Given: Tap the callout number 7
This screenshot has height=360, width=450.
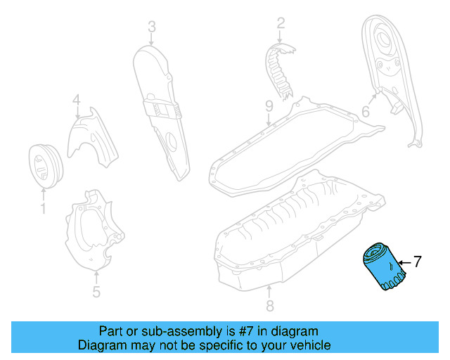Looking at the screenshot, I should pyautogui.click(x=416, y=262).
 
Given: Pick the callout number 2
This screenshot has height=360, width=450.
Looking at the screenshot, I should pyautogui.click(x=281, y=24).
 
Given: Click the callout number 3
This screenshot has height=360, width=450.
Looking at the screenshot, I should pyautogui.click(x=151, y=27).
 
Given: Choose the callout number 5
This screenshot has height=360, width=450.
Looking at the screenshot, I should pyautogui.click(x=96, y=291).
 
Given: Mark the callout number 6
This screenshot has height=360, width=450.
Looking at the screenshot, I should pyautogui.click(x=366, y=112).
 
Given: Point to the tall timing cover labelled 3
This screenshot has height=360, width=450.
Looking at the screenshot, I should pyautogui.click(x=157, y=105).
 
